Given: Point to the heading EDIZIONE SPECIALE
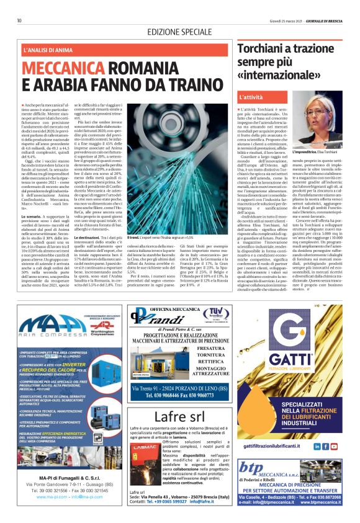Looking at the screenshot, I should [180, 32].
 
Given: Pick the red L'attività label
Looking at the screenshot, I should [251, 97].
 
